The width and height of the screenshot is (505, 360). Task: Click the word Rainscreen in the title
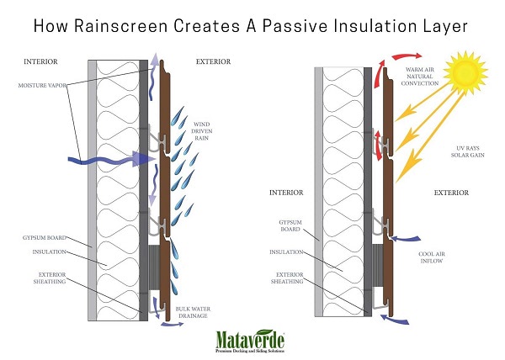tap(133, 24)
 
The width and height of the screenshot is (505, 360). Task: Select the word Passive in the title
tap(297, 24)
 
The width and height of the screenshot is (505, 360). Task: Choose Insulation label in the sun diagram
tap(291, 251)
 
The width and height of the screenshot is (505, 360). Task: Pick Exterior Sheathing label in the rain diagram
tap(48, 278)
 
